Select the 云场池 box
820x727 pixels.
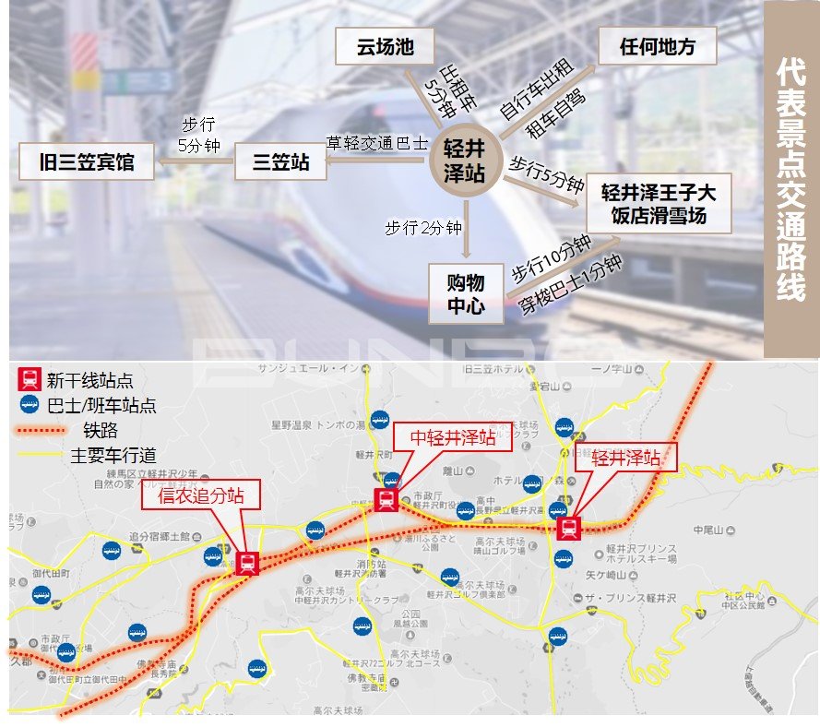(386, 47)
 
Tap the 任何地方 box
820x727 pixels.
(657, 46)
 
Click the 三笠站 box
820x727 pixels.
(280, 162)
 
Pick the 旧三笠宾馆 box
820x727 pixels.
(88, 162)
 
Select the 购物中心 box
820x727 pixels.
(466, 293)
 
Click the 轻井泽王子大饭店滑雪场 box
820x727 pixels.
(659, 204)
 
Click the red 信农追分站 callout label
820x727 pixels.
(200, 496)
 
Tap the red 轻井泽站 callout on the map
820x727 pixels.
(625, 457)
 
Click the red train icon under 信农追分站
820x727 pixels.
(246, 563)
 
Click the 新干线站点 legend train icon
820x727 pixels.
(30, 377)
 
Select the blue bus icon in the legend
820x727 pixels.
(30, 403)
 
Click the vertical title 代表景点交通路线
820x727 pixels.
(791, 180)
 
